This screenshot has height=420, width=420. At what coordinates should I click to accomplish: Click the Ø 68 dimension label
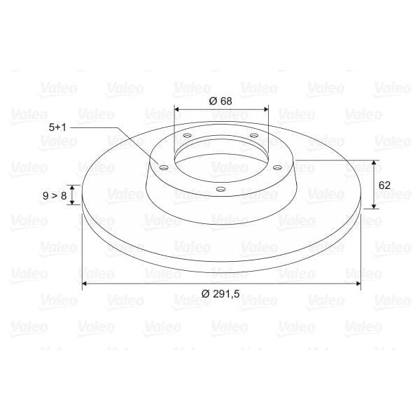(x=220, y=100)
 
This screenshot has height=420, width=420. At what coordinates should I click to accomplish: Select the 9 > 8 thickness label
(x=54, y=195)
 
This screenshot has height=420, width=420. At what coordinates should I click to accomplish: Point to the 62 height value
(x=384, y=185)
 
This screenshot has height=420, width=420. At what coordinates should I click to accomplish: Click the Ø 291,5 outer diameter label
(x=220, y=294)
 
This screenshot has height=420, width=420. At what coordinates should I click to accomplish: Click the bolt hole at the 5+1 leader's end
(x=163, y=167)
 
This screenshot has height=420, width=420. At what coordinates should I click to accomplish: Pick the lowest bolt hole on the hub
(x=220, y=189)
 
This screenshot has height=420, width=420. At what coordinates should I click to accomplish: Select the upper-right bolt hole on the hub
(x=253, y=136)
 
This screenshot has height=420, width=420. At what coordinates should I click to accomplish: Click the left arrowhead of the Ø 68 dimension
(x=176, y=109)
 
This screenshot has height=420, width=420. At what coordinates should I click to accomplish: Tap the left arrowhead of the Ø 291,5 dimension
(x=85, y=283)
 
